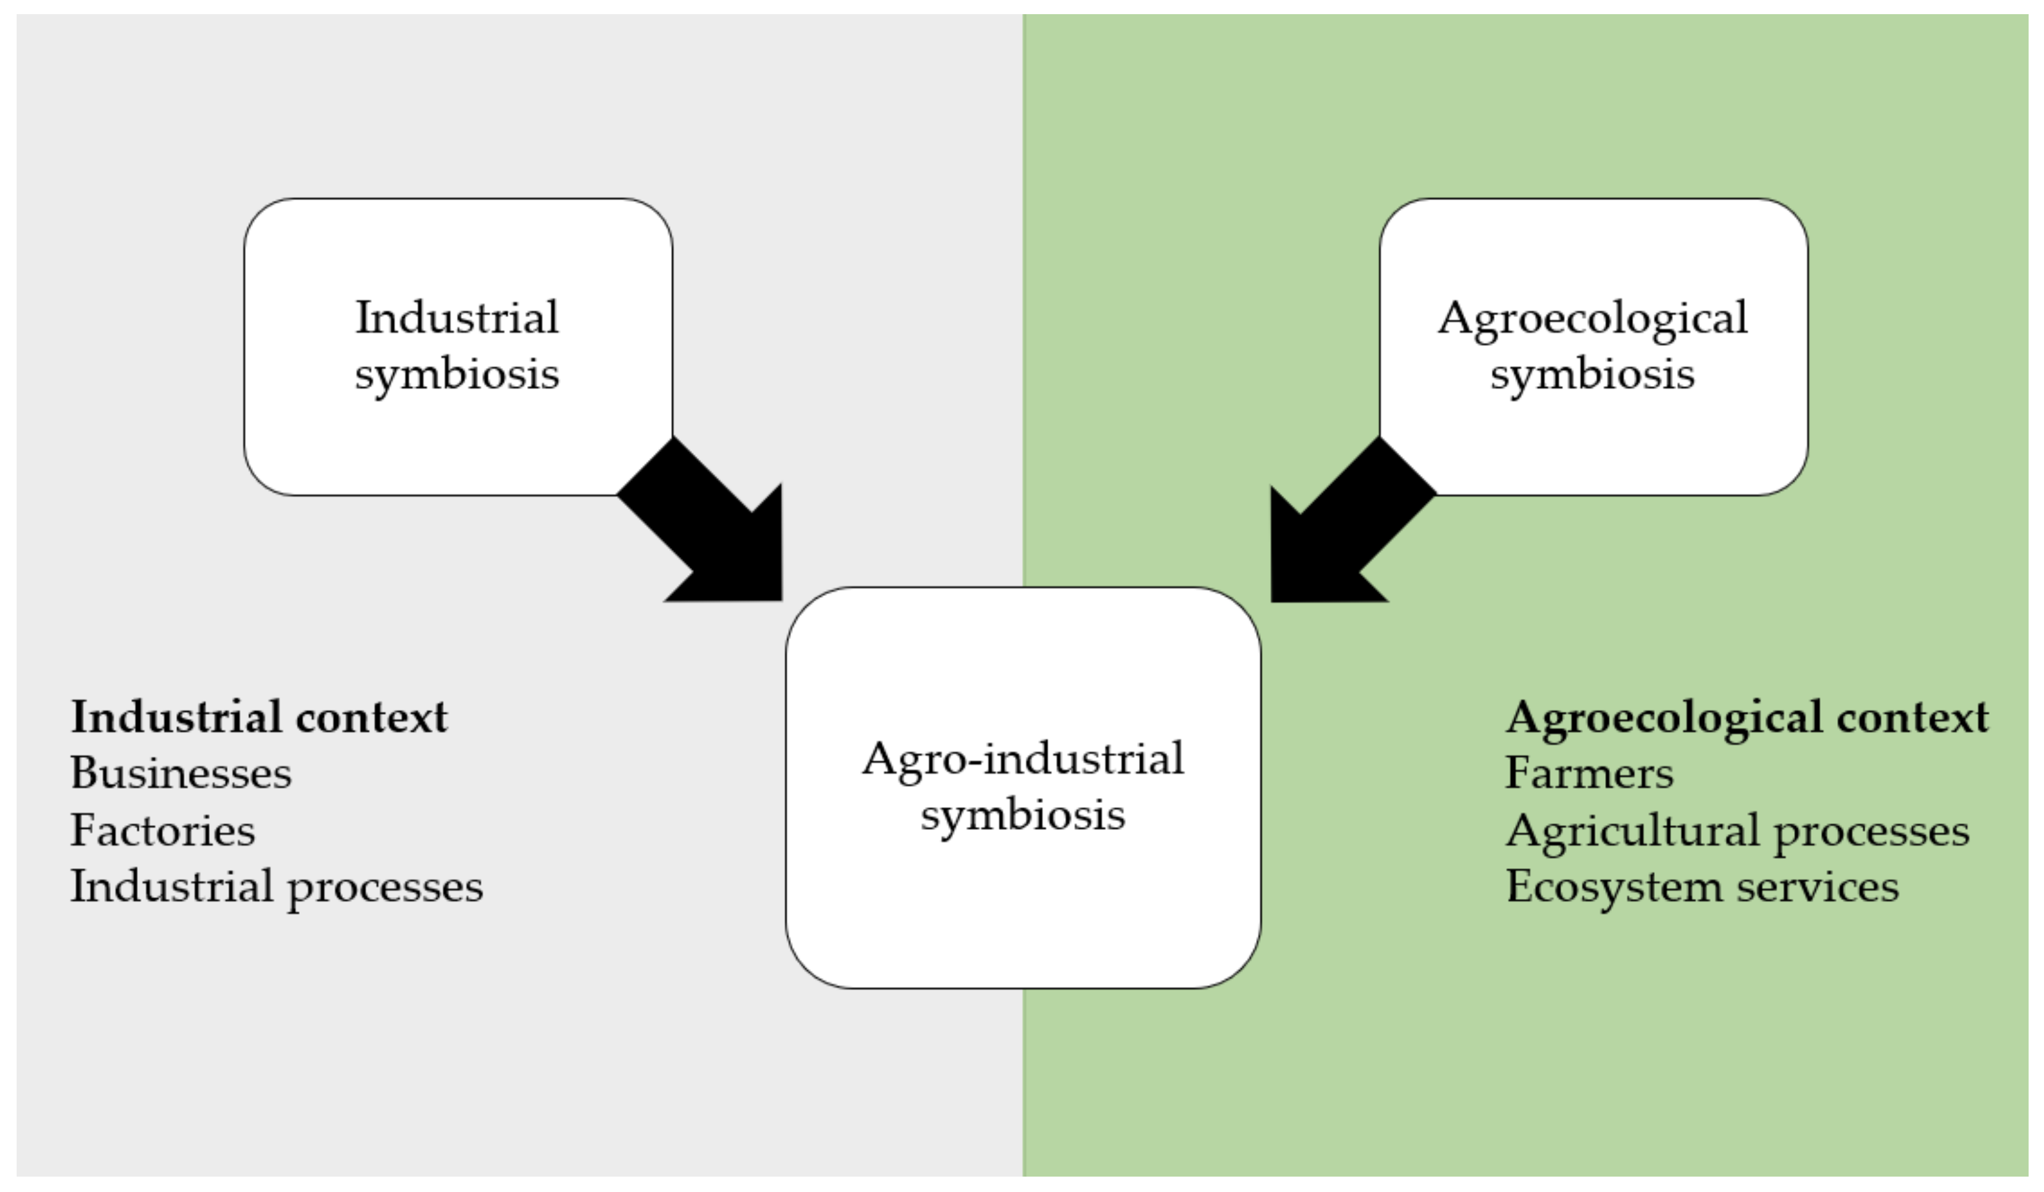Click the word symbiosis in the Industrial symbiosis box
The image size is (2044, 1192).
click(x=457, y=375)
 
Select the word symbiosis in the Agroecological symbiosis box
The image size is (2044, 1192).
click(x=1592, y=375)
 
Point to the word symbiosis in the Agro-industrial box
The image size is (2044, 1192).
click(x=1023, y=815)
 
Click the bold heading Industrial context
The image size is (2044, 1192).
click(x=259, y=717)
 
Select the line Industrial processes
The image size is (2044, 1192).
click(x=276, y=886)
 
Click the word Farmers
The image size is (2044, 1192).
click(x=1589, y=773)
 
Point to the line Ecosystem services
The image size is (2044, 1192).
click(x=1702, y=886)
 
